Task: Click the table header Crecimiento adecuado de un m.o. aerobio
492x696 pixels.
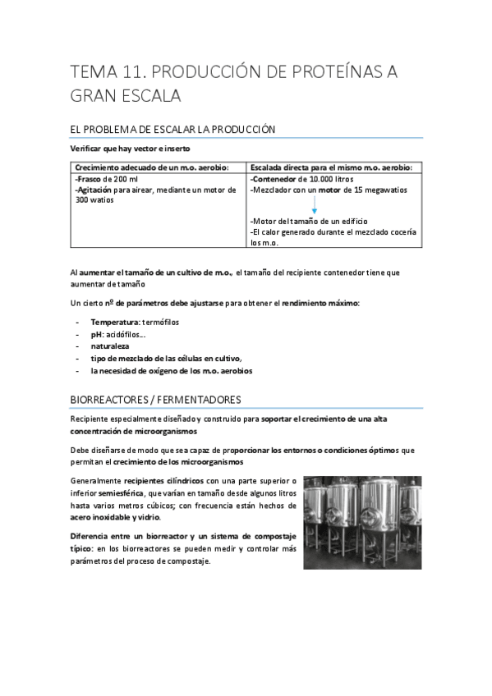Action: click(146, 167)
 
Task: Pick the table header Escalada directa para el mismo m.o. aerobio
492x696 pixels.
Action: click(330, 167)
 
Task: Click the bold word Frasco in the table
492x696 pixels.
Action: click(86, 178)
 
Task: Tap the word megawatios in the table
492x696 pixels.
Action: click(390, 190)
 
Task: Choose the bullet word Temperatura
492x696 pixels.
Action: click(116, 321)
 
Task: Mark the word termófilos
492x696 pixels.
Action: click(168, 321)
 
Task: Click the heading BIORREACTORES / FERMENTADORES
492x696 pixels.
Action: click(156, 400)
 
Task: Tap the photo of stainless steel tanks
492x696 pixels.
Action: click(362, 522)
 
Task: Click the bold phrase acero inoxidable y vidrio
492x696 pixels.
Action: click(116, 517)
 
